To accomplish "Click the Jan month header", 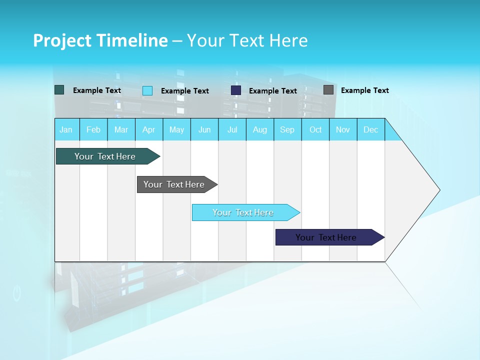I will (x=66, y=129).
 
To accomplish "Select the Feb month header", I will (x=93, y=129).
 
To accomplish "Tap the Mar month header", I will (x=121, y=129).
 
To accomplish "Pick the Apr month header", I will (x=149, y=129).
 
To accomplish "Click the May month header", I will (x=176, y=129).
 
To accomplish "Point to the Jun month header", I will (x=204, y=129).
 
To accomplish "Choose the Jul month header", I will (x=232, y=129).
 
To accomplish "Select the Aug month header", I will (x=260, y=129).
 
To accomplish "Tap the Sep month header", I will (x=287, y=129).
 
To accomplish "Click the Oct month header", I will (x=315, y=129).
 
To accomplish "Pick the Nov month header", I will (x=343, y=129).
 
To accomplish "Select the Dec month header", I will (x=371, y=129).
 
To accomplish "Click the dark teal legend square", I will (x=59, y=90).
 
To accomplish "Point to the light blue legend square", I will (x=147, y=90).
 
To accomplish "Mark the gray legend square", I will (x=328, y=90).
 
